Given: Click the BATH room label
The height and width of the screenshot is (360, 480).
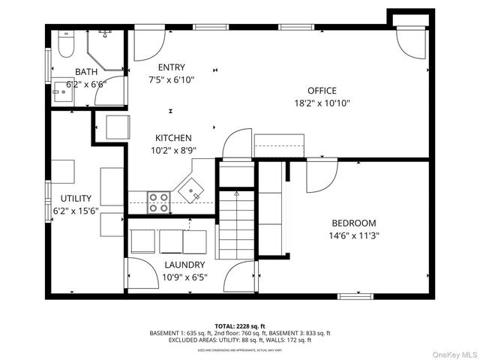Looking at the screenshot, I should pyautogui.click(x=85, y=72).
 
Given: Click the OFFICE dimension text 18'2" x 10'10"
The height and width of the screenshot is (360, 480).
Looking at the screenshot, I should pyautogui.click(x=322, y=103).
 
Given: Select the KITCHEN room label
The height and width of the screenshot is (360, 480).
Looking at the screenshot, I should pyautogui.click(x=173, y=138).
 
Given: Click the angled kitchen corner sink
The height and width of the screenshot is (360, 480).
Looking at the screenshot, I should pyautogui.click(x=190, y=190).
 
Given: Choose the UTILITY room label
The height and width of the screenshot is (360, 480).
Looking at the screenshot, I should pyautogui.click(x=75, y=199).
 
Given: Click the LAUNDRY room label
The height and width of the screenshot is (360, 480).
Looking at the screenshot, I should pyautogui.click(x=184, y=265).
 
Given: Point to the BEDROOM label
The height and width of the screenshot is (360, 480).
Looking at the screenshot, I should pyautogui.click(x=354, y=223).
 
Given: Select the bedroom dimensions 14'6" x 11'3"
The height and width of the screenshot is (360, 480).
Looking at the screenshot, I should pyautogui.click(x=354, y=235).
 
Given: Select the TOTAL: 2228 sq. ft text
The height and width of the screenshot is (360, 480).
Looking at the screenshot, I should pyautogui.click(x=240, y=326).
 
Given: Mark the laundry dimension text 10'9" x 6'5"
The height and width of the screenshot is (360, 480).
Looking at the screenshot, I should pyautogui.click(x=184, y=277).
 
